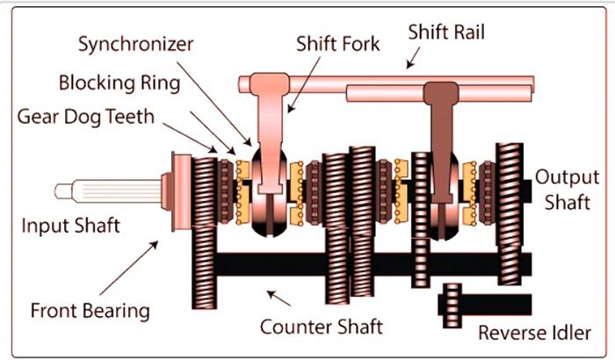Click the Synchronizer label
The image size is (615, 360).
pos(135,43)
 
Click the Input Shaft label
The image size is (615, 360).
pos(70,226)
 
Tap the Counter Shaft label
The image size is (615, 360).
pos(322,327)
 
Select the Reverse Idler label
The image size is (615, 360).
pos(534,333)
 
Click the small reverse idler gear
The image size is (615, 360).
pos(452,304)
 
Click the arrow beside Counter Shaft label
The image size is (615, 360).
pos(279,299)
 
